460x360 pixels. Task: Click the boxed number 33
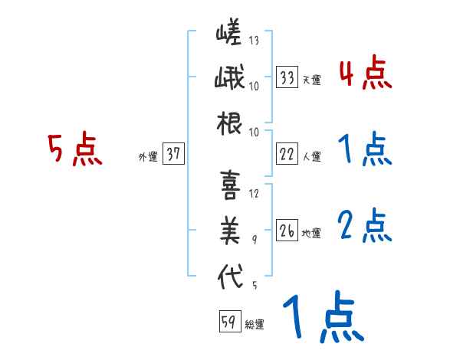click(287, 77)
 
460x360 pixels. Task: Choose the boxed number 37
click(173, 155)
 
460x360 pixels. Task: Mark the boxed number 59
click(228, 322)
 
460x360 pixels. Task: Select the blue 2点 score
click(364, 226)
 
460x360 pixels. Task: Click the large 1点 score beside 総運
click(322, 318)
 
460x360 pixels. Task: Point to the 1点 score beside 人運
click(364, 149)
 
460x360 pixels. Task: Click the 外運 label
click(147, 157)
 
